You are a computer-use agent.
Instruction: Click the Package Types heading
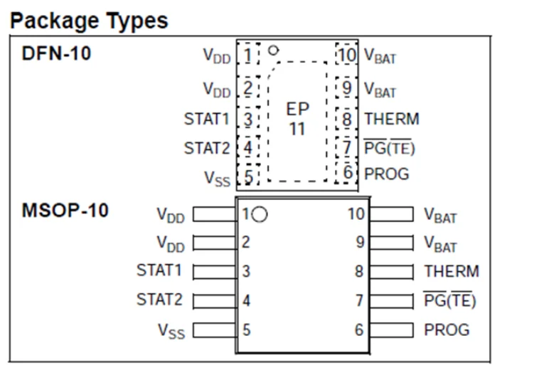tap(89, 21)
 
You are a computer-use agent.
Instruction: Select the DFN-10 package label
tap(57, 53)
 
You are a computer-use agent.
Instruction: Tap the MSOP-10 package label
tap(65, 211)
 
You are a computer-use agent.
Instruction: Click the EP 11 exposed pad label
tap(297, 119)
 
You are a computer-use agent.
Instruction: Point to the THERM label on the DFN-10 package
tap(391, 119)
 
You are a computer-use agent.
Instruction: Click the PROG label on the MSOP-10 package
tap(447, 329)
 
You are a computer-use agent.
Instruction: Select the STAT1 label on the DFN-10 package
tap(206, 119)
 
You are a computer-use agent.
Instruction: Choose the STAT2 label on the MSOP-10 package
tap(159, 300)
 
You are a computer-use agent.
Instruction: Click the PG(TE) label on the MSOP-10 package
tap(449, 300)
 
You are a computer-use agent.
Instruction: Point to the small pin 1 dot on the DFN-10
tap(274, 51)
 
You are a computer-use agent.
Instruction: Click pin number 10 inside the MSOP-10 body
tap(356, 213)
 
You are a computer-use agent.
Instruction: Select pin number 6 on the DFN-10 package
tap(347, 173)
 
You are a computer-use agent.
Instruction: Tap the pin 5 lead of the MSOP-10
tap(215, 329)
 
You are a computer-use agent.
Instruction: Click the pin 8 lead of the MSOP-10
tap(392, 271)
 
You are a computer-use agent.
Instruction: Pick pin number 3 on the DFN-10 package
tap(247, 119)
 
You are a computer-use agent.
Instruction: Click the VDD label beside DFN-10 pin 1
tap(217, 55)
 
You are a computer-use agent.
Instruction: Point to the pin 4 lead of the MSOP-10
tap(215, 300)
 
